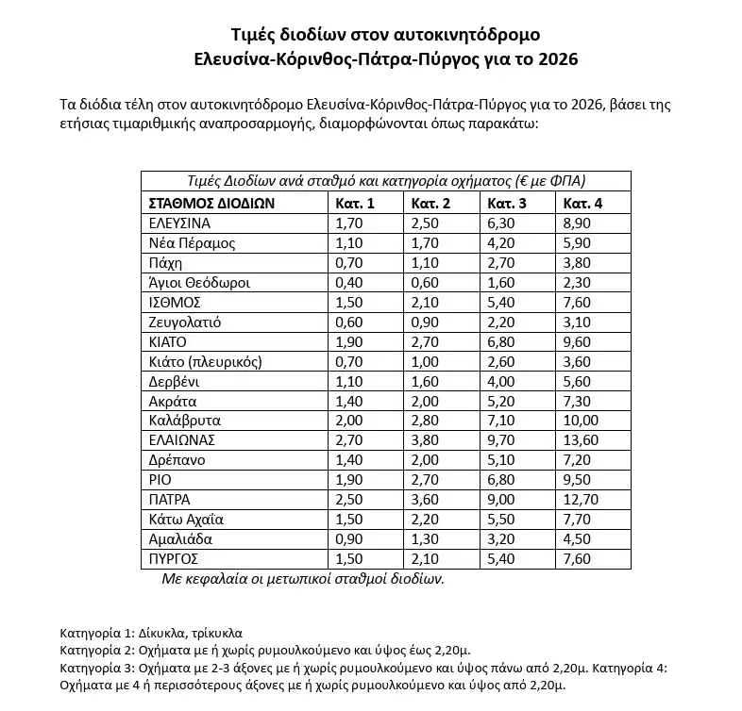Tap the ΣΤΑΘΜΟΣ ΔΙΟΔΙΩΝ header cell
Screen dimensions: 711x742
coord(211,203)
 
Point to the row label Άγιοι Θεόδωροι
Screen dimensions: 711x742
coord(199,283)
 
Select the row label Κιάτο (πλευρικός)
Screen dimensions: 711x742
coord(205,361)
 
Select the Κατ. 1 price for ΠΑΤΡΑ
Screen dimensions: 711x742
coord(348,500)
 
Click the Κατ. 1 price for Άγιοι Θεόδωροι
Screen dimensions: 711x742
coord(348,283)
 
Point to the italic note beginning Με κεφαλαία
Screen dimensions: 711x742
coord(303,579)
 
